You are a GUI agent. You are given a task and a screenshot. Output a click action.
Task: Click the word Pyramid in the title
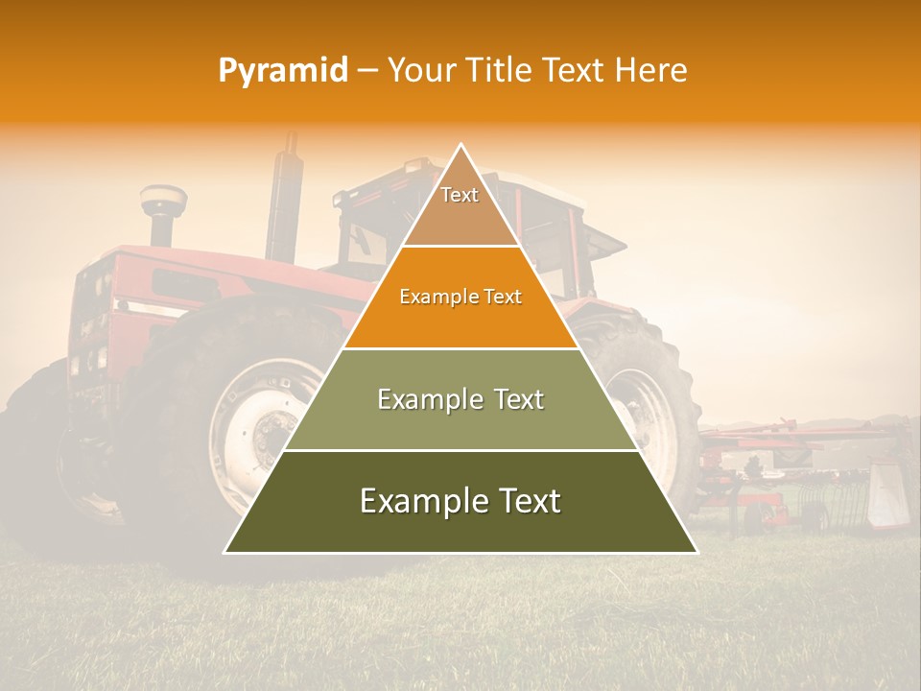tap(282, 71)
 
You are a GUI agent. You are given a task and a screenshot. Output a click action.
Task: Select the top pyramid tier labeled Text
tap(460, 206)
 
